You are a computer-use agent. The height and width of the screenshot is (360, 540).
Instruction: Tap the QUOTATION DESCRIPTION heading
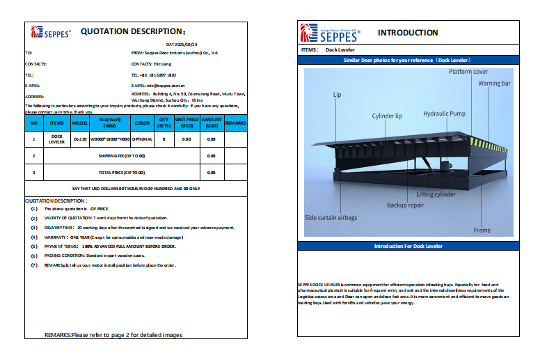pyautogui.click(x=134, y=31)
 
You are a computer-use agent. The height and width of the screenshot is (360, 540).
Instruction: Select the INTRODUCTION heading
pyautogui.click(x=408, y=33)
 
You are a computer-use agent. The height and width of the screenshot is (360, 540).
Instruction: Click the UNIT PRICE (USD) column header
pyautogui.click(x=186, y=123)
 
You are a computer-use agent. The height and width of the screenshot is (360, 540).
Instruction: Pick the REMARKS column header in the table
pyautogui.click(x=236, y=123)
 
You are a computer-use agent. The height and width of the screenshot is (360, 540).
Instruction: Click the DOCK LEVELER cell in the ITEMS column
pyautogui.click(x=57, y=139)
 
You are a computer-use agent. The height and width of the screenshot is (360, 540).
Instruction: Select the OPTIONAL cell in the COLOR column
pyautogui.click(x=142, y=139)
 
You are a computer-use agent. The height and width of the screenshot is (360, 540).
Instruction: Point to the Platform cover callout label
pyautogui.click(x=468, y=72)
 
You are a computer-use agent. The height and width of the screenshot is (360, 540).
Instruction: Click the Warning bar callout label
pyautogui.click(x=494, y=84)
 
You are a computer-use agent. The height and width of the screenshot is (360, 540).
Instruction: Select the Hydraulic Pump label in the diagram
pyautogui.click(x=445, y=113)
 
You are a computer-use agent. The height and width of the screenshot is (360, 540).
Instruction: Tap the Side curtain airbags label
pyautogui.click(x=331, y=218)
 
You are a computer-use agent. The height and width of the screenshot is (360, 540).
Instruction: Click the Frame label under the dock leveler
pyautogui.click(x=482, y=230)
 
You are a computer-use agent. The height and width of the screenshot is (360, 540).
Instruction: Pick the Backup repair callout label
pyautogui.click(x=406, y=205)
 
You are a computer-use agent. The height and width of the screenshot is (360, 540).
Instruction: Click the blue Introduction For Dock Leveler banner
pyautogui.click(x=408, y=246)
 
